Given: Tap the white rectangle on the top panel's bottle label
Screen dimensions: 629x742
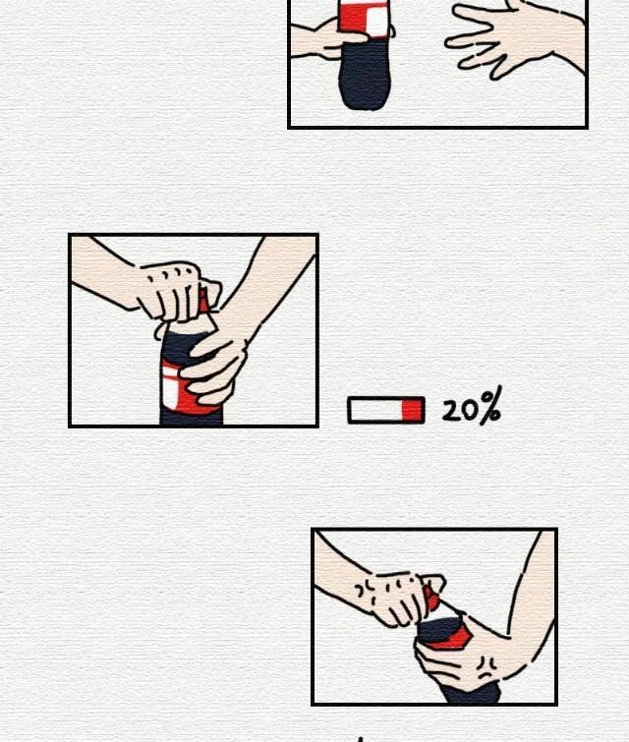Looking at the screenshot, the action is (x=377, y=20).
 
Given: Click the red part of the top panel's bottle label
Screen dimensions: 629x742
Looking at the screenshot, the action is (x=353, y=18).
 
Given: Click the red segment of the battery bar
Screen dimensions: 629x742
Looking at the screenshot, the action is (x=411, y=410).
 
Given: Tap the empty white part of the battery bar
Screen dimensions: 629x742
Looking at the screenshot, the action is (x=375, y=410).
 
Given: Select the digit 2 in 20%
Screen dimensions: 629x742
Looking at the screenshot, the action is (x=452, y=410).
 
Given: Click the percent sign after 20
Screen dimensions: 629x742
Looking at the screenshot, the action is (x=489, y=406).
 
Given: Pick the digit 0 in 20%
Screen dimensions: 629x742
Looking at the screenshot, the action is (x=470, y=410).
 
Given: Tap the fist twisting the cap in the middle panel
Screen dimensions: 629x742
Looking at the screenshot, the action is (x=178, y=291).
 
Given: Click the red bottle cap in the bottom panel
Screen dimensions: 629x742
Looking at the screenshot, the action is (x=430, y=599).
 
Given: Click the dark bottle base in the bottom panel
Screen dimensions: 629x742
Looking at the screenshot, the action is (x=469, y=692).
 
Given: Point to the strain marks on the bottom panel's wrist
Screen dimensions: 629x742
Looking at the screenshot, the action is (x=366, y=592).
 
